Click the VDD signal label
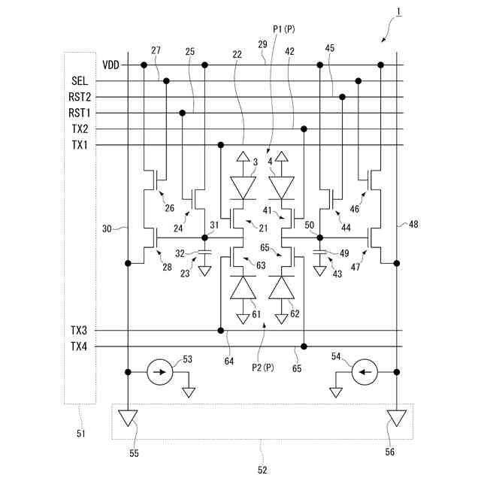111,65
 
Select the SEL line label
80,81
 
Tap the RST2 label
80,97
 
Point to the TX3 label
80,330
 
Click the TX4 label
80,346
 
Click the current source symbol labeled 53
160,372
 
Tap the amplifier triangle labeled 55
129,418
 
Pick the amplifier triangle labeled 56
397,418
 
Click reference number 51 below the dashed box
80,433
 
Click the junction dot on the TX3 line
220,330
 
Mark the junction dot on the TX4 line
304,346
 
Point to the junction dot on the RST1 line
183,113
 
